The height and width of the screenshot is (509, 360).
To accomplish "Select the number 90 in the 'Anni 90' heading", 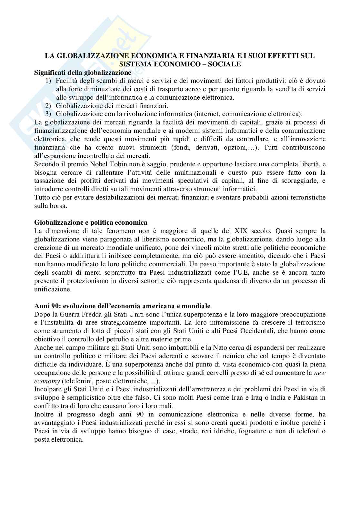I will click(x=54, y=306).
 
